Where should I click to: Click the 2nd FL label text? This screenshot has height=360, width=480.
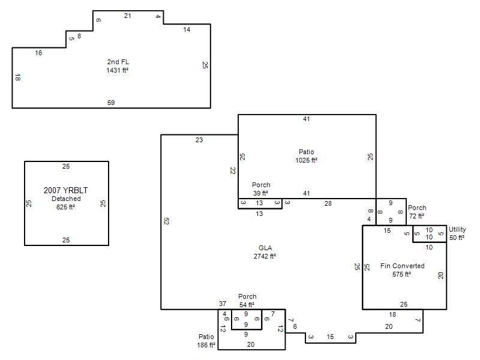click(x=118, y=62)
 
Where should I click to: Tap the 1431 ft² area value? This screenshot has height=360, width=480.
click(x=117, y=70)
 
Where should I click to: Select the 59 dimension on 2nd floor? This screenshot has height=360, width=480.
click(x=111, y=103)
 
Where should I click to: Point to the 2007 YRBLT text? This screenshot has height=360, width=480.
click(x=65, y=190)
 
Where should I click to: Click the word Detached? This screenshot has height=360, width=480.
click(x=66, y=199)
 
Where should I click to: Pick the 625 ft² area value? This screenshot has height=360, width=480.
click(x=65, y=207)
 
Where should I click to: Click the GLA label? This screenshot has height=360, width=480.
click(x=265, y=248)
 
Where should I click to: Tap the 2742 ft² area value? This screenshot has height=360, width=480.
click(x=265, y=256)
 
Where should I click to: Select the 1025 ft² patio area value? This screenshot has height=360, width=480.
click(x=306, y=160)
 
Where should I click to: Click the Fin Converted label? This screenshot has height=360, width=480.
click(x=402, y=266)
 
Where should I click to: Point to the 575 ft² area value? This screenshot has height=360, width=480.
click(x=401, y=274)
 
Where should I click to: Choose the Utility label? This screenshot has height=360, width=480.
click(x=457, y=229)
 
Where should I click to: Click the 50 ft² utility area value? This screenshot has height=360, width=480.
click(x=457, y=238)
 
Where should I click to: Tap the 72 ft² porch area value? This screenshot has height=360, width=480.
click(x=416, y=216)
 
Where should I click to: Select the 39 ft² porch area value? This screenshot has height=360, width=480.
click(x=260, y=193)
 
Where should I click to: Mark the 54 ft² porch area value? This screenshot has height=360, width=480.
click(x=247, y=305)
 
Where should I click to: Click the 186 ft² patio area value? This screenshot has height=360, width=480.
click(x=206, y=345)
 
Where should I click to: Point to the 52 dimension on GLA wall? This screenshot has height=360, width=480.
click(x=166, y=221)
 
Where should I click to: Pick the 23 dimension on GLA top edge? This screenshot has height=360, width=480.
click(x=199, y=140)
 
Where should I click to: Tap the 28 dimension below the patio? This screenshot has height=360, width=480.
click(x=328, y=203)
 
